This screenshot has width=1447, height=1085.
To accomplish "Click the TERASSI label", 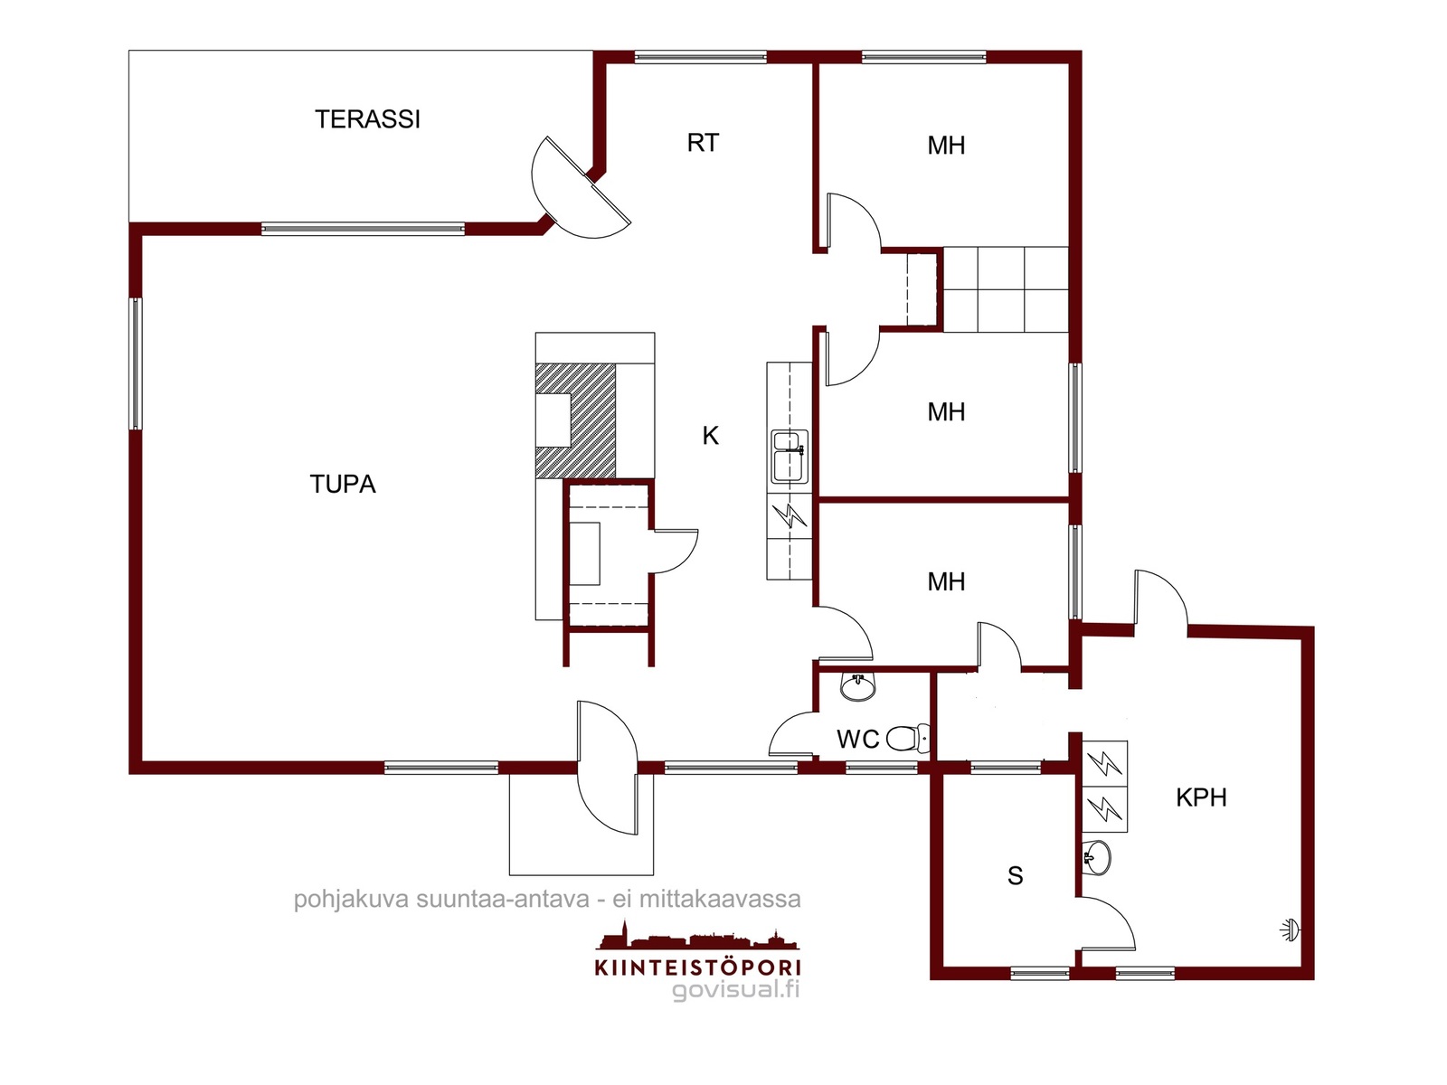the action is point(367,119).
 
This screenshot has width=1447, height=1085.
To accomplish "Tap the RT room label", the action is point(703,143).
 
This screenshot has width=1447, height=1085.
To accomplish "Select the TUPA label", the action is point(343,485).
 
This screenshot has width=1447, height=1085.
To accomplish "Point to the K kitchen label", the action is point(710,436).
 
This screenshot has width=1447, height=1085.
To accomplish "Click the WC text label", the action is point(857,739).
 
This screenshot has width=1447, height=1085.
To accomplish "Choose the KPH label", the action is point(1201,797).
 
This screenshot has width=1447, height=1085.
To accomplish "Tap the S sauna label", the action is point(1016,875).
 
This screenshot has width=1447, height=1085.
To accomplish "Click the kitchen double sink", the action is point(790,456).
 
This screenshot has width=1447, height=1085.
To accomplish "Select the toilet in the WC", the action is point(908,739).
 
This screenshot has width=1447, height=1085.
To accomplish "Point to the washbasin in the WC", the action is point(857,685).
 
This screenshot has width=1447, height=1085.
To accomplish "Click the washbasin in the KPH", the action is point(1096,857).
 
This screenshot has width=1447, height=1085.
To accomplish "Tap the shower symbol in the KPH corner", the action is point(1290,931).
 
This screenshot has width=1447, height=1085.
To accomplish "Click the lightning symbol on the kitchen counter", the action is point(790,515).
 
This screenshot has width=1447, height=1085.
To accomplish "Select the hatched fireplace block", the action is point(575,420).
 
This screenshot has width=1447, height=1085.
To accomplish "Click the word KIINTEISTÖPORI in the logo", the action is point(697,967).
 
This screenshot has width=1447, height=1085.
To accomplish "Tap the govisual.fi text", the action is point(735,989).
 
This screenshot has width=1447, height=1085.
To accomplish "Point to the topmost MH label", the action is point(946,146).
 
